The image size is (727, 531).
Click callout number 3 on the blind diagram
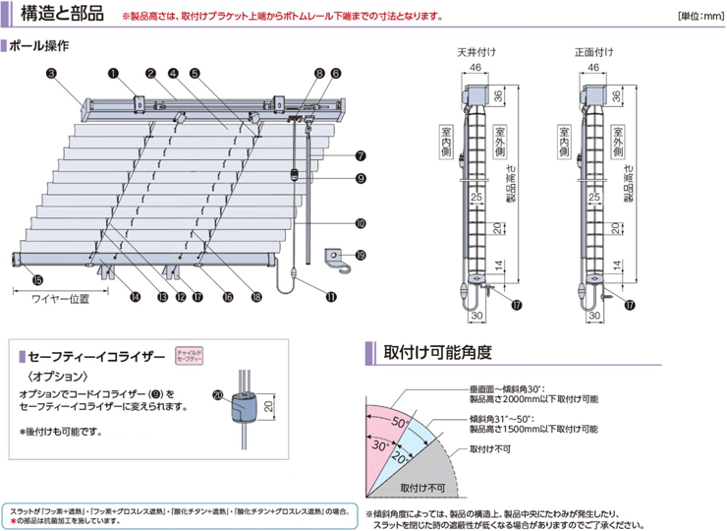point(50,73)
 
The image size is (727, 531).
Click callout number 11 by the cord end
point(331,295)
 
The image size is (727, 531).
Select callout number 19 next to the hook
point(361,256)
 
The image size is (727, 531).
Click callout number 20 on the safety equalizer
point(217,395)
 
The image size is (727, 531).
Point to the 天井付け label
point(477,50)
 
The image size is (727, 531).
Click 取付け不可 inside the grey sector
point(422,487)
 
